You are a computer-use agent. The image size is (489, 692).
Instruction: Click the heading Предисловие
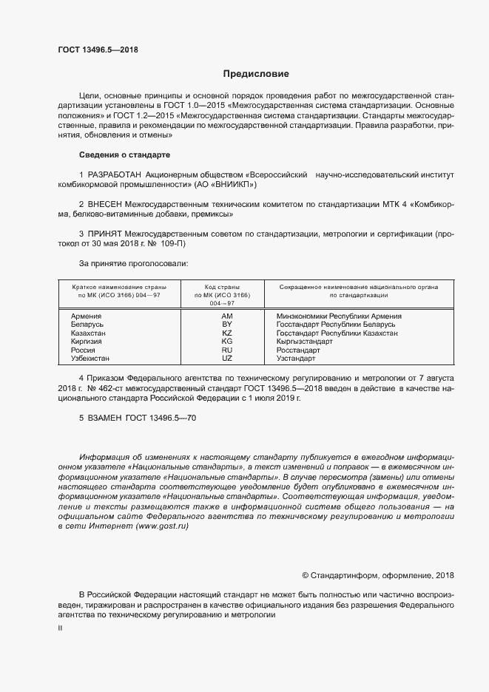(256, 74)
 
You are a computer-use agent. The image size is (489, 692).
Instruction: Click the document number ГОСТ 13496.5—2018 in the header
(98, 50)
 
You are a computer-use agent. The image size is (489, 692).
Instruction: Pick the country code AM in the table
(227, 316)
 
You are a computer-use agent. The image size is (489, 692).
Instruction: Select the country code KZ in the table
(227, 333)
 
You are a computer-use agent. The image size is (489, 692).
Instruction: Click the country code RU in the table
(227, 350)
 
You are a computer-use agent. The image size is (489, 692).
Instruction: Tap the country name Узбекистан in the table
(90, 359)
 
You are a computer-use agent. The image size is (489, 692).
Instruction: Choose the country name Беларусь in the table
(87, 325)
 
